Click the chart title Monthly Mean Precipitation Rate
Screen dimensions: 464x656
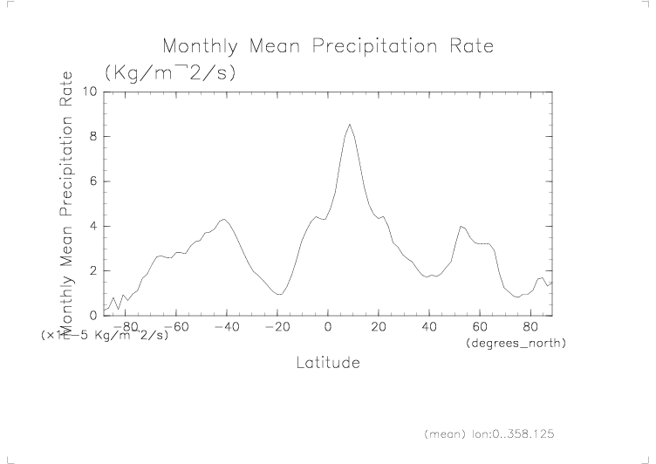[328, 45]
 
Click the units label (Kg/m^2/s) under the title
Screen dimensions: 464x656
[169, 72]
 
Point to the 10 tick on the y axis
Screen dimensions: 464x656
[89, 92]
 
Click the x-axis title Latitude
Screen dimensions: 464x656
[328, 361]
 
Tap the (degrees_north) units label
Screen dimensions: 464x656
[516, 344]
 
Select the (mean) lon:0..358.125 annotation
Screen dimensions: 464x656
[489, 433]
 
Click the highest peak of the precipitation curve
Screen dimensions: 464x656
[350, 125]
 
